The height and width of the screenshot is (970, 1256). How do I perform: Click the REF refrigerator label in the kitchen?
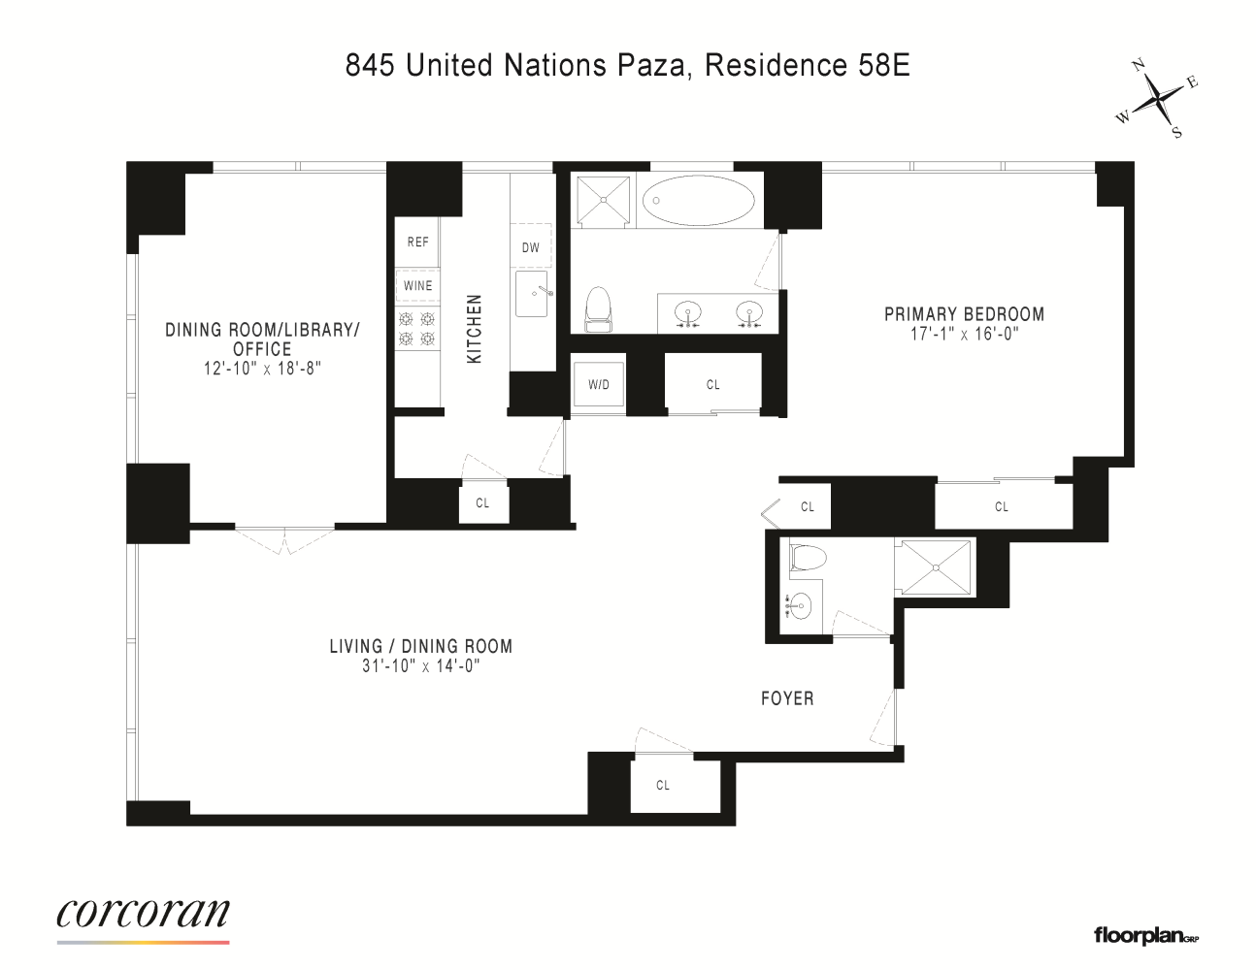[417, 242]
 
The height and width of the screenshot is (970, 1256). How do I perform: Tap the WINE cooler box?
[417, 285]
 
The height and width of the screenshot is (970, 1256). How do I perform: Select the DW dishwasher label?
[530, 247]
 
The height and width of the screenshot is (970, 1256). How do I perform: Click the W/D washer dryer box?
[598, 385]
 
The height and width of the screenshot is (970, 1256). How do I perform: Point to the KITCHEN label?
[475, 330]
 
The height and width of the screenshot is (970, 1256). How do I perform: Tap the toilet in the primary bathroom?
[598, 307]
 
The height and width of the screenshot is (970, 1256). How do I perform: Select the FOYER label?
[786, 697]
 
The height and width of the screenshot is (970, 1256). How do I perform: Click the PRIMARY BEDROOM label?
[963, 314]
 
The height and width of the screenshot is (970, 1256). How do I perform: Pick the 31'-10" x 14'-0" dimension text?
[420, 665]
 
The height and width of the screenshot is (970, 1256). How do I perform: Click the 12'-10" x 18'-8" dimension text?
[262, 368]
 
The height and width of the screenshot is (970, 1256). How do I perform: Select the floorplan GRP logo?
[1146, 935]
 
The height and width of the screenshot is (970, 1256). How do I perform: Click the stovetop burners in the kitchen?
[417, 328]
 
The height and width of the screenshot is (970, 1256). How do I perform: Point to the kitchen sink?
[532, 293]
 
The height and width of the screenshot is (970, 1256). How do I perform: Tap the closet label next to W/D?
[712, 385]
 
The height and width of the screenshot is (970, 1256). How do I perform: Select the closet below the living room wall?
[663, 785]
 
